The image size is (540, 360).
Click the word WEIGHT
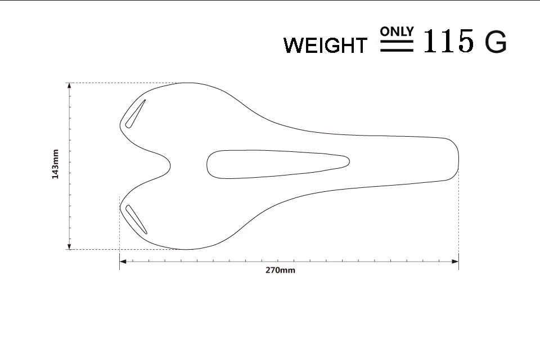click(x=325, y=45)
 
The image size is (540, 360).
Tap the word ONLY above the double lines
click(x=397, y=31)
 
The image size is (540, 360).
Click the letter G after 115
click(x=496, y=41)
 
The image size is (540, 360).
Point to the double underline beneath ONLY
click(x=397, y=46)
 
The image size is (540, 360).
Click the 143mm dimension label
click(x=55, y=164)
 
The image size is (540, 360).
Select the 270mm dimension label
click(x=280, y=270)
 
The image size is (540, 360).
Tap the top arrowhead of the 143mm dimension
click(x=70, y=86)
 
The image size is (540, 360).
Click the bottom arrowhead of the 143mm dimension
click(x=70, y=246)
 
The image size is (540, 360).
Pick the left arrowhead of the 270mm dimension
click(x=123, y=262)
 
